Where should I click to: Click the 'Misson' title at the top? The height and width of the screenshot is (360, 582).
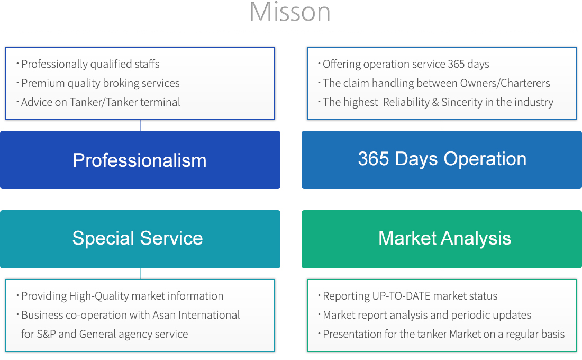pyautogui.click(x=289, y=12)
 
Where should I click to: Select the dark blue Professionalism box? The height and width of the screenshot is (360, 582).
pyautogui.click(x=140, y=160)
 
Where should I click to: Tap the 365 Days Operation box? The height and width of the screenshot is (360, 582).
pyautogui.click(x=442, y=160)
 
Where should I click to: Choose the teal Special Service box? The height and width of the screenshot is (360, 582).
pyautogui.click(x=140, y=239)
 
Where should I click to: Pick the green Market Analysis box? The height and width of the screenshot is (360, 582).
pyautogui.click(x=442, y=239)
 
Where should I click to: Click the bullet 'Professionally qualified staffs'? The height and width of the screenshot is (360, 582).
pyautogui.click(x=90, y=64)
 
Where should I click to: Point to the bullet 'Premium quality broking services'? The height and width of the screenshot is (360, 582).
pyautogui.click(x=100, y=83)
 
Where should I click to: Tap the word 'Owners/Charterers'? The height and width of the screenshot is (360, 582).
pyautogui.click(x=505, y=83)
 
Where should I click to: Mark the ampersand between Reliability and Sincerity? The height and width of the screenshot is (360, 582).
pyautogui.click(x=435, y=102)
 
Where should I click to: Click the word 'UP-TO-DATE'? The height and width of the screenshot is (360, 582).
pyautogui.click(x=401, y=296)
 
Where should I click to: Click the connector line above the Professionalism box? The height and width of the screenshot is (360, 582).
pyautogui.click(x=140, y=125)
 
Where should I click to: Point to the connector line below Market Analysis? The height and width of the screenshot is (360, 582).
pyautogui.click(x=442, y=274)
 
